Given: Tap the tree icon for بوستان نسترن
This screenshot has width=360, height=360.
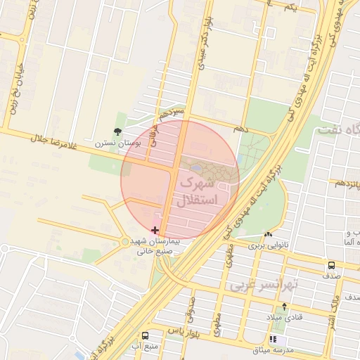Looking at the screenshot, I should [x=117, y=131].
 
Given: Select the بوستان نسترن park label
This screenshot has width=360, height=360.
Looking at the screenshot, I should [x=118, y=143].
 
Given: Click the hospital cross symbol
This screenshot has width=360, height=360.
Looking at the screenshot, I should [x=155, y=230].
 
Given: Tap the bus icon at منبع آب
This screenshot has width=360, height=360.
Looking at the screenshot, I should [x=145, y=336].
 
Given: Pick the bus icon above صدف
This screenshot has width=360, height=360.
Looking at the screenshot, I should [x=331, y=265].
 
